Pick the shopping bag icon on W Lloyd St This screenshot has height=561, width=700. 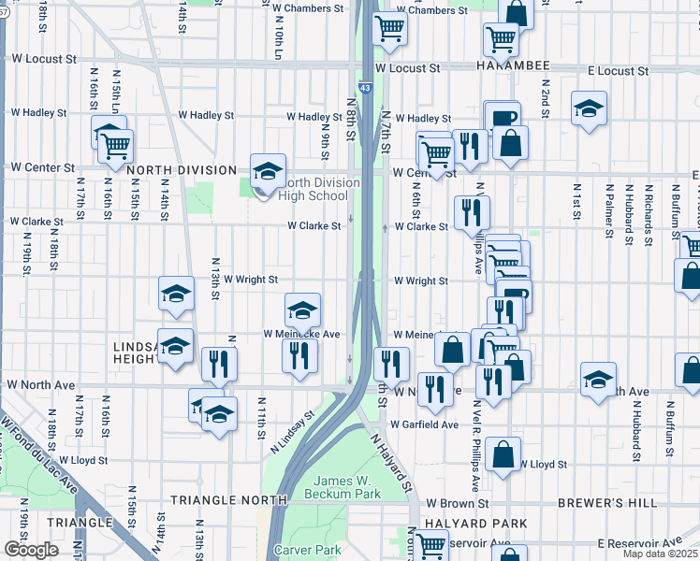pyautogui.click(x=503, y=457)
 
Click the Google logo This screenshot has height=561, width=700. pyautogui.click(x=31, y=549)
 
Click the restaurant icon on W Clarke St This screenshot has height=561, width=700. pyautogui.click(x=471, y=214)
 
